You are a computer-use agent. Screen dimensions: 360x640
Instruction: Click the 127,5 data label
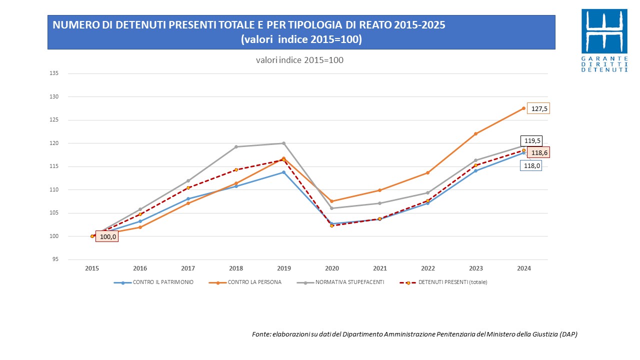tap(539, 108)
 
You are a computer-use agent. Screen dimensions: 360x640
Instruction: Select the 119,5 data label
tap(531, 141)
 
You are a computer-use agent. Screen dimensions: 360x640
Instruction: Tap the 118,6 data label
tap(538, 153)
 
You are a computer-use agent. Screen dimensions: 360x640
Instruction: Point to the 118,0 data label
tap(531, 166)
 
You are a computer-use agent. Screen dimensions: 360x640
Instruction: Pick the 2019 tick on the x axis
tap(284, 268)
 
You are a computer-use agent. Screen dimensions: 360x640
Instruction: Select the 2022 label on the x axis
tap(428, 268)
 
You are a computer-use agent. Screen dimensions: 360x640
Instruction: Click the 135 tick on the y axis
tap(54, 73)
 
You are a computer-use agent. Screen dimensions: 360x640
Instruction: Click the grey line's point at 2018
tap(236, 147)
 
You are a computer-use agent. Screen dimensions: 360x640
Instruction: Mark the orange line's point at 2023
tap(476, 134)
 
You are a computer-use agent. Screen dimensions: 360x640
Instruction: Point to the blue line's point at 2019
tap(284, 172)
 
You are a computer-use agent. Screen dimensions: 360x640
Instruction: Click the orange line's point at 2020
tap(332, 201)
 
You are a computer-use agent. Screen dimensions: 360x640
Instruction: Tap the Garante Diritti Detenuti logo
tap(604, 40)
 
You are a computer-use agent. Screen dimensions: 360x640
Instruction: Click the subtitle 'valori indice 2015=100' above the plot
tap(299, 60)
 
